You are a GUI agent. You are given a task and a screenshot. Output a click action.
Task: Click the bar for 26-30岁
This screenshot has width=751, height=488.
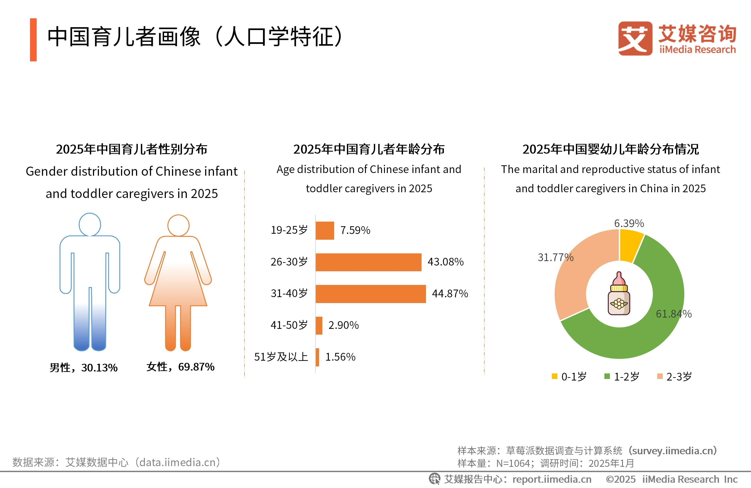pyautogui.click(x=368, y=262)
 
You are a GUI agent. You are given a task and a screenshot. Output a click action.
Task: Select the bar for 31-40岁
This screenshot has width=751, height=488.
pyautogui.click(x=371, y=294)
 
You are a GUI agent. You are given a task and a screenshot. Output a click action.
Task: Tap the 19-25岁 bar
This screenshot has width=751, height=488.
pyautogui.click(x=325, y=230)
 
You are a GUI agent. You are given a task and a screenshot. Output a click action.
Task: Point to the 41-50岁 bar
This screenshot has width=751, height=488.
pyautogui.click(x=319, y=325)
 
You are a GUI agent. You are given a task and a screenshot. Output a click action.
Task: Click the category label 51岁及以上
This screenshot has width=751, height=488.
pyautogui.click(x=281, y=357)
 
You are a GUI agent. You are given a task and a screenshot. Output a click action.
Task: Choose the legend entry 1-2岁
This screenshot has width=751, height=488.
pyautogui.click(x=622, y=376)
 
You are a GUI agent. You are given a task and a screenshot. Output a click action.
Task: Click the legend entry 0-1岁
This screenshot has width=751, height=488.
pyautogui.click(x=569, y=376)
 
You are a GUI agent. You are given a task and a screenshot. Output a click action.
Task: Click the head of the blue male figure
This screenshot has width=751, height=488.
pyautogui.click(x=90, y=224)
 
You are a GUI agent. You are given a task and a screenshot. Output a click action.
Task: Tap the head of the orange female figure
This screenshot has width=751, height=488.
pyautogui.click(x=178, y=225)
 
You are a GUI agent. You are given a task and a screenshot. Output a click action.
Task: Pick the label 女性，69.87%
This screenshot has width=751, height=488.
pyautogui.click(x=180, y=367)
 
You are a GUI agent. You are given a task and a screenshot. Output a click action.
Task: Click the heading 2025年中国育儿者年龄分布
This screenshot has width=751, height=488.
pyautogui.click(x=369, y=149)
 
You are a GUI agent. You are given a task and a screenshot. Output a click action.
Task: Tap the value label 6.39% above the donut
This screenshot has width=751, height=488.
pyautogui.click(x=629, y=223)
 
